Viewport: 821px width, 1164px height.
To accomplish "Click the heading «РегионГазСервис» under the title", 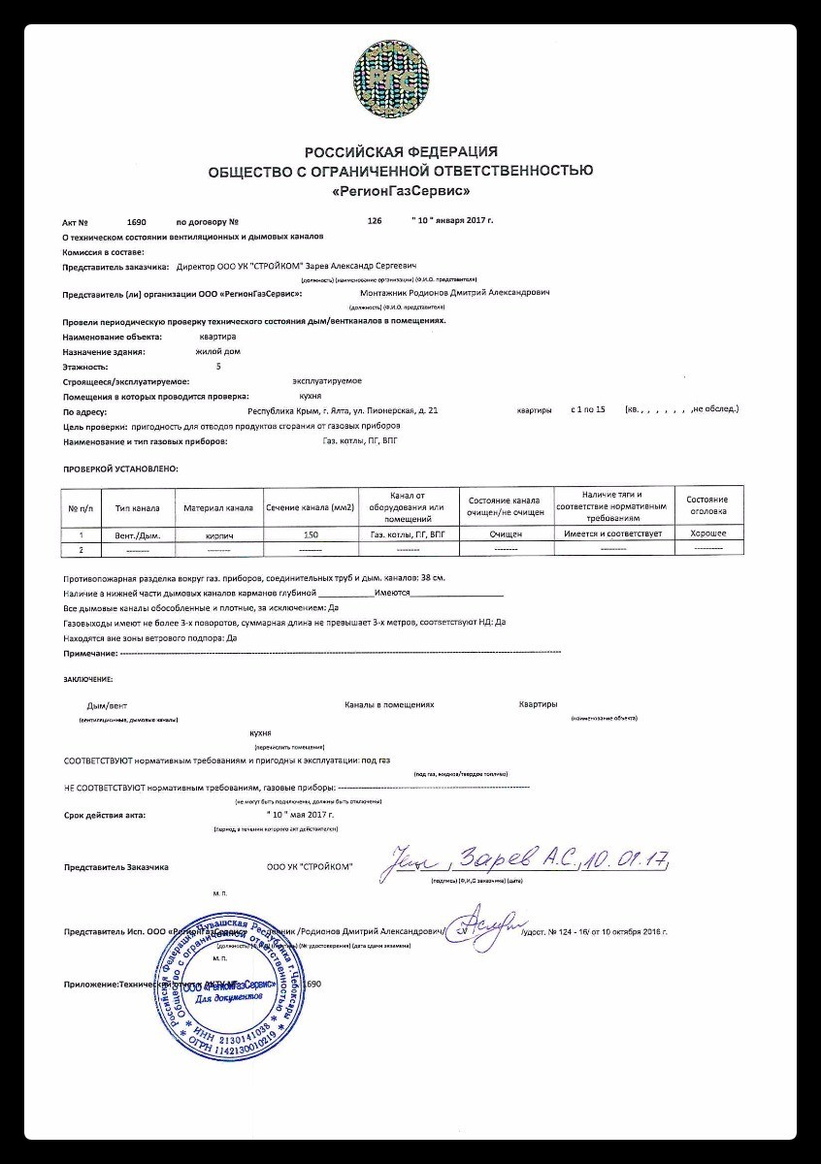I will pos(400,191).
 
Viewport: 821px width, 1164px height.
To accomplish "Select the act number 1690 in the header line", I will pos(136,221).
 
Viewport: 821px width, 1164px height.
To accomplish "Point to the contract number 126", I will pos(375,221).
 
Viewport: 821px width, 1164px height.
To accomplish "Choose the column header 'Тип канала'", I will pos(137,507).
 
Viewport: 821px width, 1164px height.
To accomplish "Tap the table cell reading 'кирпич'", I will pos(217,534).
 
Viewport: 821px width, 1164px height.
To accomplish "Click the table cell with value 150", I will pos(311,534).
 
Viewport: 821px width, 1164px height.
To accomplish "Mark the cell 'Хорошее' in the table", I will pos(708,533).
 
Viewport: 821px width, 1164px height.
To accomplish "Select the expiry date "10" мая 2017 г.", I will pos(310,815).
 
